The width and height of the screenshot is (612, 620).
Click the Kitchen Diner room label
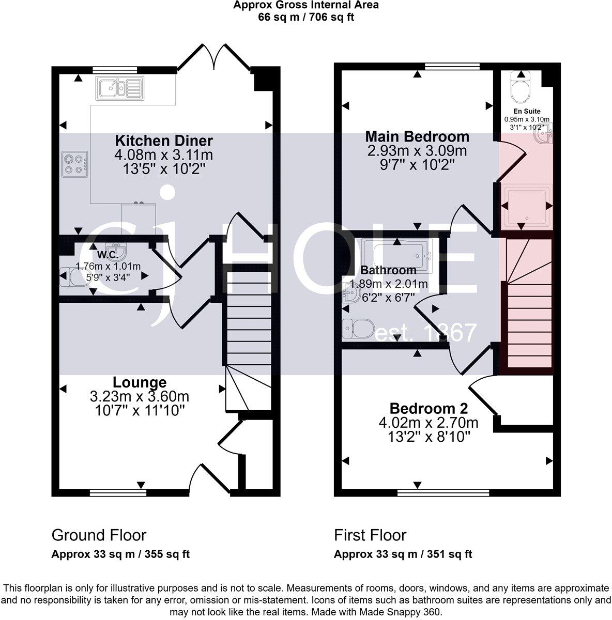tap(163, 141)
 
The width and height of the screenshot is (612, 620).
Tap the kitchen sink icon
tap(118, 88)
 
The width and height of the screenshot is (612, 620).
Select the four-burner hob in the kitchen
tap(74, 163)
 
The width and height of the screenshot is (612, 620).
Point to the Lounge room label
tap(140, 382)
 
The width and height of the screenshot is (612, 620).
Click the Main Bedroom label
tap(417, 136)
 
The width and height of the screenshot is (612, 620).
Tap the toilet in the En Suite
tap(518, 86)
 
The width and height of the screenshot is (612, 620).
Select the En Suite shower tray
tap(524, 205)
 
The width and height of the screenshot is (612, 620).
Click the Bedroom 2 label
tap(429, 408)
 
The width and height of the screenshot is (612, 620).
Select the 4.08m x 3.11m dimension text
tap(163, 154)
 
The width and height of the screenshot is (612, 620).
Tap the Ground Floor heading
tap(99, 535)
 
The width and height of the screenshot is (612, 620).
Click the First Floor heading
tap(370, 535)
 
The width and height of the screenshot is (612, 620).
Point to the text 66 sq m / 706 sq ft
tap(305, 17)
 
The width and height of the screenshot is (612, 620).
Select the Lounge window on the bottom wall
tap(118, 492)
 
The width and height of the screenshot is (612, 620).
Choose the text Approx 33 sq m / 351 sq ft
tap(403, 554)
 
